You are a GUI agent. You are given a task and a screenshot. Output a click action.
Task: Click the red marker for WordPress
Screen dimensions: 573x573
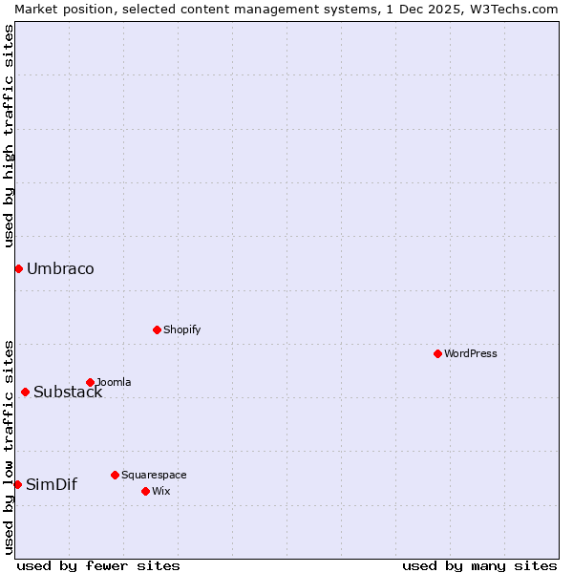(437, 353)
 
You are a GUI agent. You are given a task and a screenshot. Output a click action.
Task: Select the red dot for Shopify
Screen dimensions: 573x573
(157, 329)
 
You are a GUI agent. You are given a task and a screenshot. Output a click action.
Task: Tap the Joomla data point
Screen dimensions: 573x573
(90, 382)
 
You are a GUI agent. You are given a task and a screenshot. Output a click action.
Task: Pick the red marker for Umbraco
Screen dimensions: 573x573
(18, 268)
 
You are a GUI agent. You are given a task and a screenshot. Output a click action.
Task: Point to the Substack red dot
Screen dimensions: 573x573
(25, 392)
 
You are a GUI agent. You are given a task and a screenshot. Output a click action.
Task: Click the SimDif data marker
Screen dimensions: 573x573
(17, 484)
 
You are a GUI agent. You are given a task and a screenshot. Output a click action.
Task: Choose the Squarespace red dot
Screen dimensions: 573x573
(115, 475)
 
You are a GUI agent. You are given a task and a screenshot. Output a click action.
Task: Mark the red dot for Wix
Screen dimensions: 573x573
(145, 491)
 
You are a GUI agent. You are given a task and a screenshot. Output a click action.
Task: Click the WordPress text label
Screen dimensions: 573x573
(471, 353)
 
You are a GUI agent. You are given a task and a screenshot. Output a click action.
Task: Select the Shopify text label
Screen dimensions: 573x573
(182, 329)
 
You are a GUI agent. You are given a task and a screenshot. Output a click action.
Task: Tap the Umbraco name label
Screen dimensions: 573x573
(60, 268)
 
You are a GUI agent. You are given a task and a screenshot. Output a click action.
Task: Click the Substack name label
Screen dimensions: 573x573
(68, 392)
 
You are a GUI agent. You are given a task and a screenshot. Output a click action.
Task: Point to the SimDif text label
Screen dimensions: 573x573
(52, 484)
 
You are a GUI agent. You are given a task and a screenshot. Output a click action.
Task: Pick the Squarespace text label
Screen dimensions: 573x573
(154, 475)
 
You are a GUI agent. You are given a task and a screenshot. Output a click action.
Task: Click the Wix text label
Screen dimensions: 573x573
(160, 491)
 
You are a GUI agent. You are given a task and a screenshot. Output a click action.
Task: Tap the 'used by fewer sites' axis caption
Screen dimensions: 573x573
(98, 565)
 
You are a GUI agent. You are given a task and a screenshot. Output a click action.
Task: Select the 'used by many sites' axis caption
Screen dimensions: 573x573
(479, 565)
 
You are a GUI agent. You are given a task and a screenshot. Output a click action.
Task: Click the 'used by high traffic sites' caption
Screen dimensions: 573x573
(10, 136)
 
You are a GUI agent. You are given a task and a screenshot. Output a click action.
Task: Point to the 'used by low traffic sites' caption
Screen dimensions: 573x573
(10, 447)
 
